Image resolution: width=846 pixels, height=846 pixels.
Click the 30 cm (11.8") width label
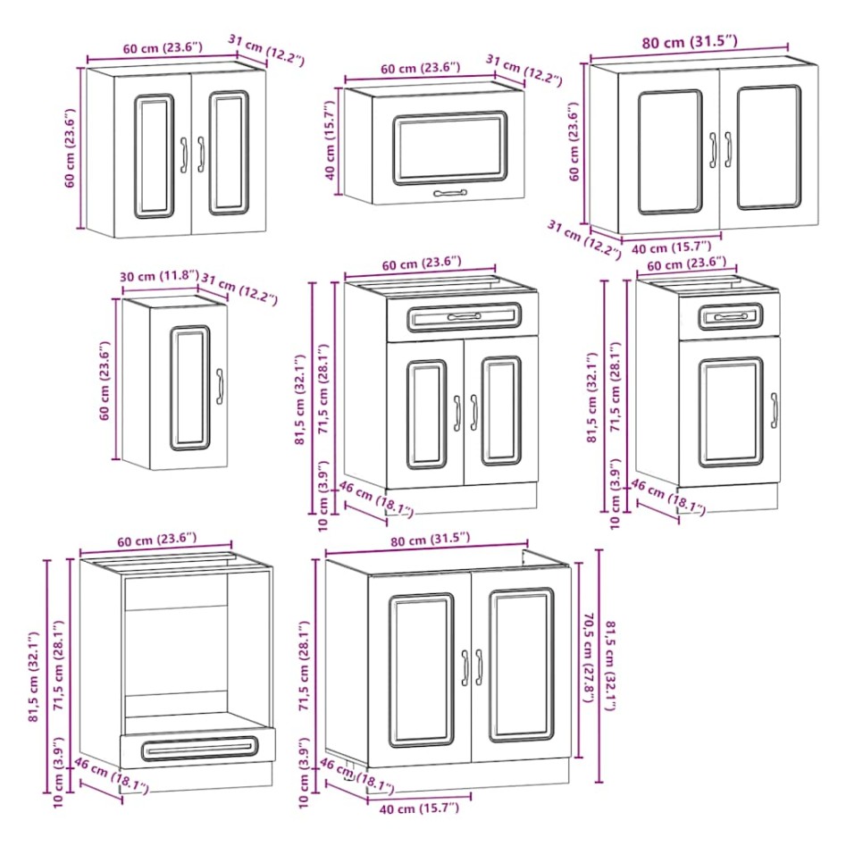pyautogui.click(x=159, y=276)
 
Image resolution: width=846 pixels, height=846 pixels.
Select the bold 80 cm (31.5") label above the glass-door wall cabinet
pyautogui.click(x=688, y=41)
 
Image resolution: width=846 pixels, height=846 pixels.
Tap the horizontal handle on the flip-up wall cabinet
pyautogui.click(x=449, y=192)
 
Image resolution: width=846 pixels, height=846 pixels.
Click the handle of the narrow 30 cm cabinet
pyautogui.click(x=220, y=385)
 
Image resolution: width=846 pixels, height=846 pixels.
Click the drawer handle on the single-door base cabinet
pyautogui.click(x=731, y=317)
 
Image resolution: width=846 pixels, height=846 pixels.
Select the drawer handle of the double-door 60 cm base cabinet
pyautogui.click(x=464, y=317)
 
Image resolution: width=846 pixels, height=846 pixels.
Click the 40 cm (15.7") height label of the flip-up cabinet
pyautogui.click(x=331, y=143)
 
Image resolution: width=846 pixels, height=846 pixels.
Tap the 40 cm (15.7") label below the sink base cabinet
pyautogui.click(x=413, y=808)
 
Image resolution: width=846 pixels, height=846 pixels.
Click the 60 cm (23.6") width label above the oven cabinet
pyautogui.click(x=155, y=539)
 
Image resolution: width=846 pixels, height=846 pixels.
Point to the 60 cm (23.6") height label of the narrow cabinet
pyautogui.click(x=105, y=381)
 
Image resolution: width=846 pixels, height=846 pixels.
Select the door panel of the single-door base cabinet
pyautogui.click(x=730, y=412)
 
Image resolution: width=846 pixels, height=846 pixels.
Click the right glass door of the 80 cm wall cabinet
pyautogui.click(x=768, y=147)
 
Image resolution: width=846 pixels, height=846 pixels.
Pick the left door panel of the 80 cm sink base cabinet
pyautogui.click(x=421, y=670)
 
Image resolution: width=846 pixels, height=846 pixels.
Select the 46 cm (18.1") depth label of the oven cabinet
pyautogui.click(x=111, y=776)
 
